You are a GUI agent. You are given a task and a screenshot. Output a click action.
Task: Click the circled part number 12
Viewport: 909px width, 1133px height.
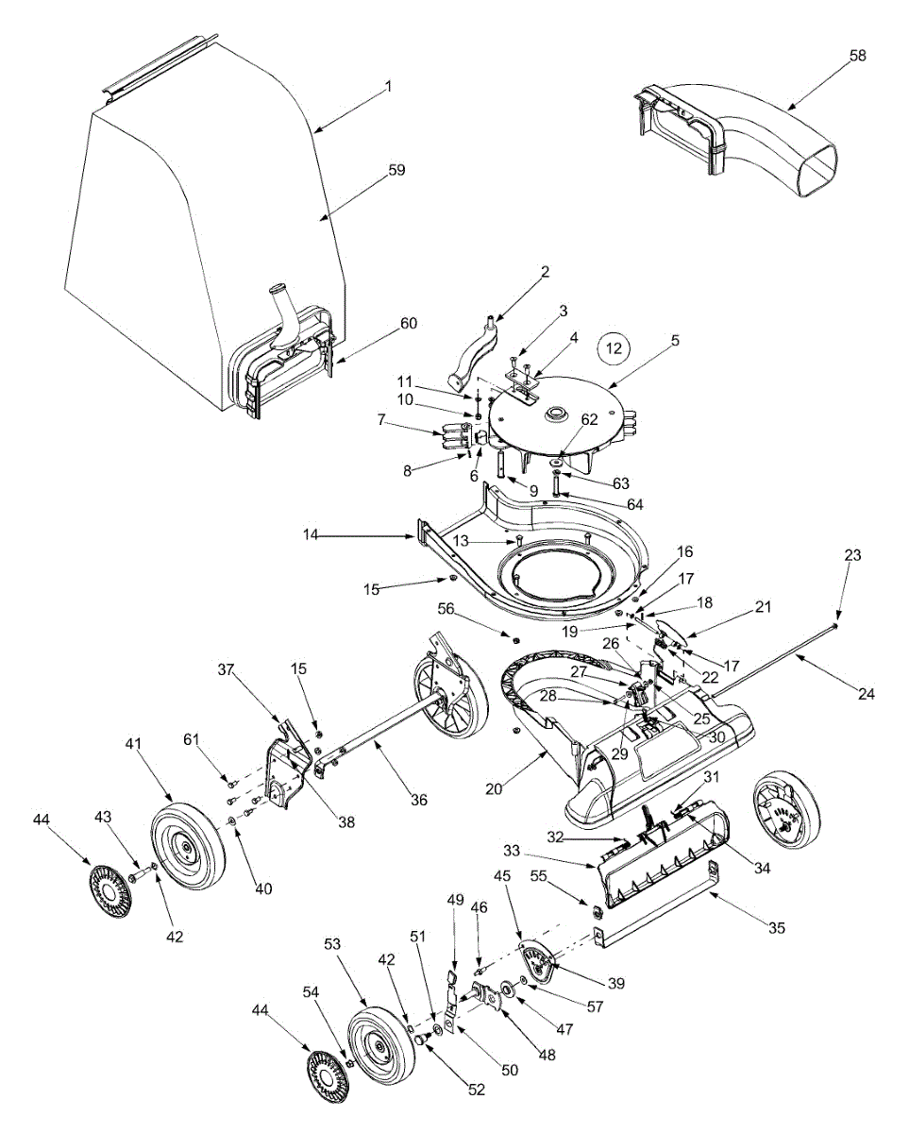pos(614,349)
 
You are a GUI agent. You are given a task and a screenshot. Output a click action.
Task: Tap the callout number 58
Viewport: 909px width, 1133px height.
pos(857,56)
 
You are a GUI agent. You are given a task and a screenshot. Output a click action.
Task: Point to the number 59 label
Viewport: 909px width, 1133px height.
pos(396,170)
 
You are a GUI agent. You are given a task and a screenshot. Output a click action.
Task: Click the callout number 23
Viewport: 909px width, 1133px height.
pos(852,556)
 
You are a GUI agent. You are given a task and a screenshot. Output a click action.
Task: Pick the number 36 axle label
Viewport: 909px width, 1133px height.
pos(419,800)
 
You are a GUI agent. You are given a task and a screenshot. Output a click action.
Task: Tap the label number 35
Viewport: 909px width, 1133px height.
pos(776,927)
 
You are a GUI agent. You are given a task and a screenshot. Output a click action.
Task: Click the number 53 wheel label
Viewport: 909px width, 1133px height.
pos(331,944)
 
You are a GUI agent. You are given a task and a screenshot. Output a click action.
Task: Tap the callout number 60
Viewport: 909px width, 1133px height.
pos(408,324)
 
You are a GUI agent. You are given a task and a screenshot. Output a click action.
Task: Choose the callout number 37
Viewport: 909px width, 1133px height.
pos(226,670)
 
